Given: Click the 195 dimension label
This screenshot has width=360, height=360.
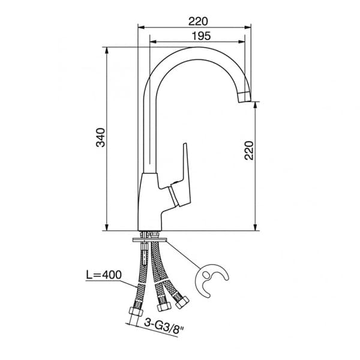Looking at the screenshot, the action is tap(201, 36).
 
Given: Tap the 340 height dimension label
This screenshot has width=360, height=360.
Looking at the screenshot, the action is tap(101, 137).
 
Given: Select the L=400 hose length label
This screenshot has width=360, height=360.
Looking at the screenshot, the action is tap(104, 275).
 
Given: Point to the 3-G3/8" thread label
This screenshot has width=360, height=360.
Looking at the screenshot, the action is tap(164, 325).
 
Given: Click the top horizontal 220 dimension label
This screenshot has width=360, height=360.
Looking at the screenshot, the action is tap(198, 22).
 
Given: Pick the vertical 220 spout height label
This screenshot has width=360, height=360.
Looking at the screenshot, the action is tap(249, 151).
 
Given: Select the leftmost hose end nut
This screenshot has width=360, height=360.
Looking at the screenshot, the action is tap(136, 311).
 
